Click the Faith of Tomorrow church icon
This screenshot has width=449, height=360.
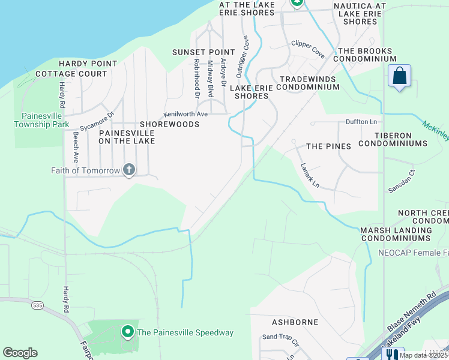(x=128, y=170)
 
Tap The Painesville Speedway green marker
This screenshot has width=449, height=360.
(x=127, y=331)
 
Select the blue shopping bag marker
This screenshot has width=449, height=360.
(x=399, y=76)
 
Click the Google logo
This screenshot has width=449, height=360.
(x=20, y=353)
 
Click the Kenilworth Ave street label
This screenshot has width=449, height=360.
(x=185, y=114)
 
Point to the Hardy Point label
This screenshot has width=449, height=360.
(x=88, y=64)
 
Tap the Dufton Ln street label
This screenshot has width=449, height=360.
(x=361, y=122)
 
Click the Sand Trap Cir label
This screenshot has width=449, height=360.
(x=280, y=338)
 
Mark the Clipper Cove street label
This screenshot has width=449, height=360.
(x=308, y=49)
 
